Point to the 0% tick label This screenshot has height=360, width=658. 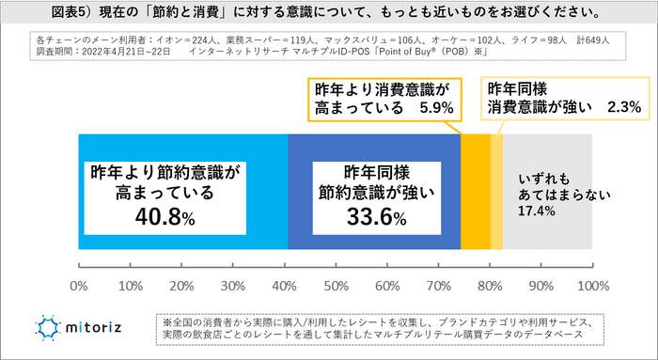click(79, 285)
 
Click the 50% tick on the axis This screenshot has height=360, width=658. click(336, 285)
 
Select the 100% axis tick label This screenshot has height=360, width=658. click(590, 285)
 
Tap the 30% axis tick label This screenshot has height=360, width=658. click(233, 285)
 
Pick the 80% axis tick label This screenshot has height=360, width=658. click(490, 285)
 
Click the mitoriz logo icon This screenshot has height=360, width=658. click(48, 328)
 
